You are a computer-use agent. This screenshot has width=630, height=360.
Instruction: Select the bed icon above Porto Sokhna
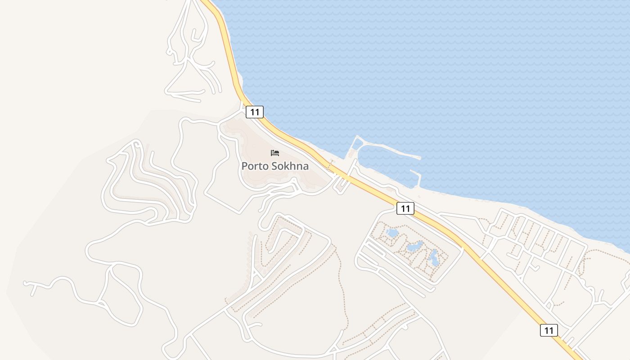(275, 153)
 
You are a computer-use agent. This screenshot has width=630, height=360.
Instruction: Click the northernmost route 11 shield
(255, 112)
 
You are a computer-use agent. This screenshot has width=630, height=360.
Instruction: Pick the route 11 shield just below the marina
(405, 208)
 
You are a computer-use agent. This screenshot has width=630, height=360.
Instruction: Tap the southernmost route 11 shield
(549, 330)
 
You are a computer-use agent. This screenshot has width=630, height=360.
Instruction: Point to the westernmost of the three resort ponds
(392, 233)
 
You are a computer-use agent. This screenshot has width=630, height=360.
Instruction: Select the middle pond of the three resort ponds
(414, 246)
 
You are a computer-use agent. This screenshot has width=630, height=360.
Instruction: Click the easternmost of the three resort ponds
(434, 258)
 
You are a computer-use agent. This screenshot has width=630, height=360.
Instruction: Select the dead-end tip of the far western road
(25, 283)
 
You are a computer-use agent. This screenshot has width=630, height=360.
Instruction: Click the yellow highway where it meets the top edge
(206, 2)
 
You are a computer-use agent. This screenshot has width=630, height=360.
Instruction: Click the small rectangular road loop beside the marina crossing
(341, 184)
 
